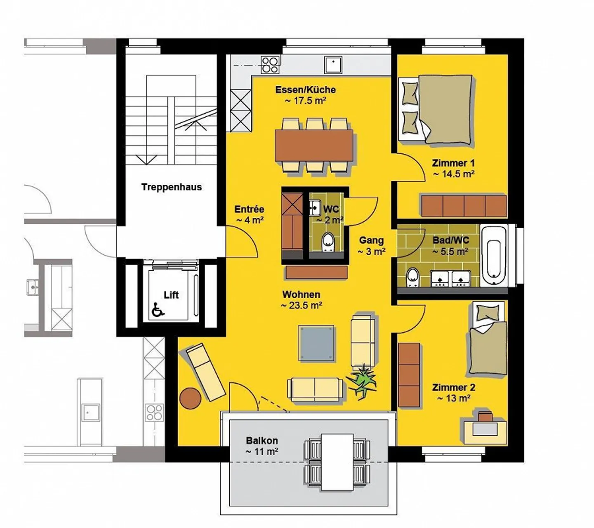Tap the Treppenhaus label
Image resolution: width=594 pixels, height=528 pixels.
tap(172, 187)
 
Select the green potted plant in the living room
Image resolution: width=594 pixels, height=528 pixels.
tap(361, 381)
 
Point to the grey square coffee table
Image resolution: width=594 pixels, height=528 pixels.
tap(316, 343)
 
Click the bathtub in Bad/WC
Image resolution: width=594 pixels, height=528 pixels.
tap(494, 255)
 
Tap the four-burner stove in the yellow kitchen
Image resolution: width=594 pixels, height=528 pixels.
tap(270, 65)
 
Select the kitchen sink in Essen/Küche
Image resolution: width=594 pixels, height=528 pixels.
tap(333, 65)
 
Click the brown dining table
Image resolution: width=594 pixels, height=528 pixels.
tap(314, 146)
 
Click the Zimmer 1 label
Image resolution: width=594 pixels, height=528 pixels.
tap(453, 163)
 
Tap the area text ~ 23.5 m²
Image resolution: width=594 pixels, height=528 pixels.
tap(302, 306)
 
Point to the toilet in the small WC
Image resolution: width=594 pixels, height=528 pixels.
tap(328, 242)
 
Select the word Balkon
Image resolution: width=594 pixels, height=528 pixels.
tap(262, 440)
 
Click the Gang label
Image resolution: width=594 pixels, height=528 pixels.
tap(372, 240)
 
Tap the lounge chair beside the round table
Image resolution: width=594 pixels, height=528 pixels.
tap(206, 372)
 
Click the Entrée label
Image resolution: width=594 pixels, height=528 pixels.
tap(249, 209)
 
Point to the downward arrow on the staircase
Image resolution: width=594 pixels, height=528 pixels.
tap(146, 160)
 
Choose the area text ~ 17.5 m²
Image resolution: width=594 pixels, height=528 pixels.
tap(306, 101)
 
